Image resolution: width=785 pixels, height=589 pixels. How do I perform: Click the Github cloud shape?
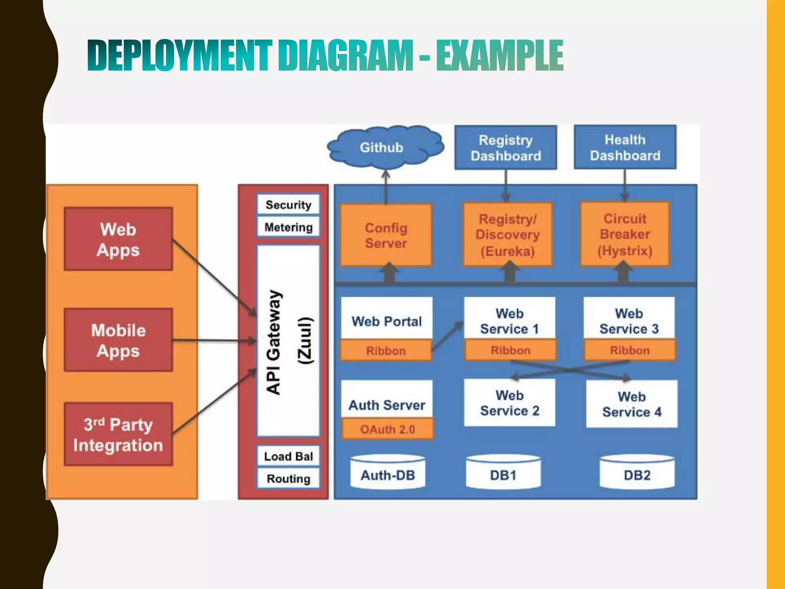(385, 147)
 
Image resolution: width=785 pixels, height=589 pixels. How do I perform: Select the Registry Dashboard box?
(506, 148)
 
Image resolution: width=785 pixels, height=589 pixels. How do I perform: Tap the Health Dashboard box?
(625, 147)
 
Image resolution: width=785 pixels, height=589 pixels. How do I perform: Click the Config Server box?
(386, 235)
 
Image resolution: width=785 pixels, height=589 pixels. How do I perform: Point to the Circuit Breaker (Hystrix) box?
(625, 234)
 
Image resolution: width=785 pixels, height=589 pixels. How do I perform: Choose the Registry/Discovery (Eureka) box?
(507, 235)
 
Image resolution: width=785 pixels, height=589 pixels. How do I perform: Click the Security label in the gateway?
(288, 205)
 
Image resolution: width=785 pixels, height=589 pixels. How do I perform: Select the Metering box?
(288, 227)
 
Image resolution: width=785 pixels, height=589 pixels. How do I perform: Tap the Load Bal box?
(288, 456)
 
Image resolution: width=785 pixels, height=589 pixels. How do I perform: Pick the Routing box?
(288, 478)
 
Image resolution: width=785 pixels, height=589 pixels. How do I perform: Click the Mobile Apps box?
(118, 340)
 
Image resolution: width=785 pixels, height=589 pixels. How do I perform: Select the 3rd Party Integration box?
(118, 434)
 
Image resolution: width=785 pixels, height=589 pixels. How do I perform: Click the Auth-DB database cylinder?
(388, 473)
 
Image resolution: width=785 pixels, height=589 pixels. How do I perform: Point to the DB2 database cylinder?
(637, 473)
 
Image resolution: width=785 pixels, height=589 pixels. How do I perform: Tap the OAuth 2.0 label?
(387, 429)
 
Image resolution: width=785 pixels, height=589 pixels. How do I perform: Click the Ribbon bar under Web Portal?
(386, 350)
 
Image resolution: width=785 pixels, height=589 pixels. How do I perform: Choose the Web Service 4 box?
(632, 404)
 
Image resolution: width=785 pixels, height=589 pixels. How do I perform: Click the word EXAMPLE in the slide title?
(499, 56)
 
